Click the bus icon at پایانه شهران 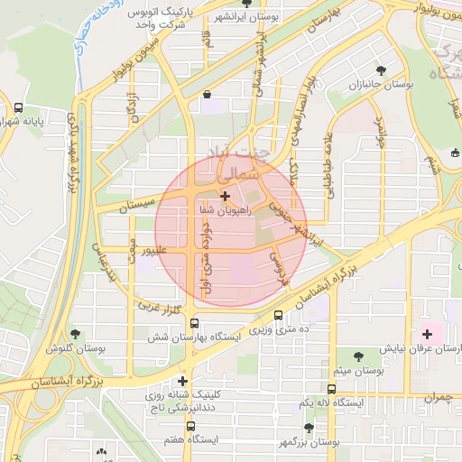point(19,108)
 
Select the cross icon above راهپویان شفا point(225,195)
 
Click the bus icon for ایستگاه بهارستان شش point(193,323)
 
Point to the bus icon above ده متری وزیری point(277,315)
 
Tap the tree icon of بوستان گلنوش point(74,334)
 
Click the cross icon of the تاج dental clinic point(183,381)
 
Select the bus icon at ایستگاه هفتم point(189,426)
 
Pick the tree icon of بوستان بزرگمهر point(309,428)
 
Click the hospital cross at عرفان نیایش point(428,334)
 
